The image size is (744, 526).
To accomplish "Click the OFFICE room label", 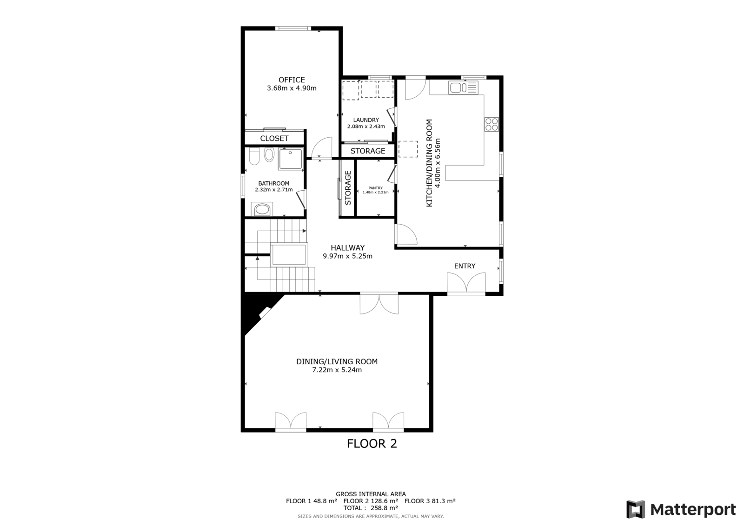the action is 292,80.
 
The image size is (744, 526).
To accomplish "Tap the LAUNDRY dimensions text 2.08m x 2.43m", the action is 366,127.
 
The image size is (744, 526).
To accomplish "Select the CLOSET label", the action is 274,138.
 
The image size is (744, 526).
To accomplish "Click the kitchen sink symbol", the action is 463,88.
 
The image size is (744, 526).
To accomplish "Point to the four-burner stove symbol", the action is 492,124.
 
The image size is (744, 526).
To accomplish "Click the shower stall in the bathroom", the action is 291,159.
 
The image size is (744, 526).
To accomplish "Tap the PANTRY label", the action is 376,188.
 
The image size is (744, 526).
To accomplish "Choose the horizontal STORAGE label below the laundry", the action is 368,151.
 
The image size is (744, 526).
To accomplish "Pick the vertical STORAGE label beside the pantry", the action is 348,188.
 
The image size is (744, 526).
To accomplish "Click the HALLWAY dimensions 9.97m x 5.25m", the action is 347,256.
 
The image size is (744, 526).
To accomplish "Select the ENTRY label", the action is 465,266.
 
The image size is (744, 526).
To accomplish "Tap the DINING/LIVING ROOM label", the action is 337,361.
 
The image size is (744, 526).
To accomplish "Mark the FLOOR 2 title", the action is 372,444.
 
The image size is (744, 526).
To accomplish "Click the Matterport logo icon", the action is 636,509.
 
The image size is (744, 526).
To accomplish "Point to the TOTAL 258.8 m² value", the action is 371,508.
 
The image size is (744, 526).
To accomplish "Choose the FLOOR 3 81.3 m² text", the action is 430,501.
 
